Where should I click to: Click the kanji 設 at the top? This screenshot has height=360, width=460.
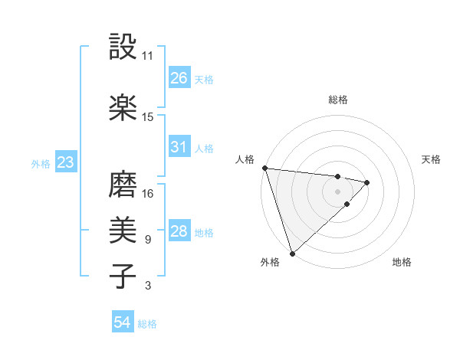pyautogui.click(x=123, y=47)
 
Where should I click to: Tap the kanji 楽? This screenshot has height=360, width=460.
pyautogui.click(x=123, y=108)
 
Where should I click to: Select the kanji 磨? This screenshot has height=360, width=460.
pyautogui.click(x=123, y=185)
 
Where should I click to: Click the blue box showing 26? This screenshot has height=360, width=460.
pyautogui.click(x=179, y=78)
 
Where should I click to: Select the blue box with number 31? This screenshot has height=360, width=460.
pyautogui.click(x=179, y=147)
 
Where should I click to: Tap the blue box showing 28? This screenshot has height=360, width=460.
pyautogui.click(x=179, y=231)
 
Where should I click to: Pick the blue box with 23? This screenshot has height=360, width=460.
pyautogui.click(x=65, y=162)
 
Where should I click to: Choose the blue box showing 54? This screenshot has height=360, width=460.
pyautogui.click(x=123, y=322)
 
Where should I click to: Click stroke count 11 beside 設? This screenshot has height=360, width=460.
pyautogui.click(x=148, y=56)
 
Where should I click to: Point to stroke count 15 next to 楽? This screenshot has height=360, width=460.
pyautogui.click(x=148, y=117)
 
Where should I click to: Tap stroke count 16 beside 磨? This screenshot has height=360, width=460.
pyautogui.click(x=148, y=194)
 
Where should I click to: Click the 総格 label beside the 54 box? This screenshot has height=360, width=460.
pyautogui.click(x=147, y=324)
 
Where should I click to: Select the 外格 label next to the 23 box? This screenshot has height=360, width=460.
pyautogui.click(x=41, y=163)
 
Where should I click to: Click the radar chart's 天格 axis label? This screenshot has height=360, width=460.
pyautogui.click(x=432, y=159)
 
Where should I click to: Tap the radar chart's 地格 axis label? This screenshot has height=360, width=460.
pyautogui.click(x=402, y=263)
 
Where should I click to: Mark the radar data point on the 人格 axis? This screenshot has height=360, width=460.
pyautogui.click(x=264, y=168)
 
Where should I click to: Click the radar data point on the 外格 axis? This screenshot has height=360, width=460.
pyautogui.click(x=291, y=252)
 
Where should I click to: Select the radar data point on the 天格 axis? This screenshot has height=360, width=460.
pyautogui.click(x=367, y=182)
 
